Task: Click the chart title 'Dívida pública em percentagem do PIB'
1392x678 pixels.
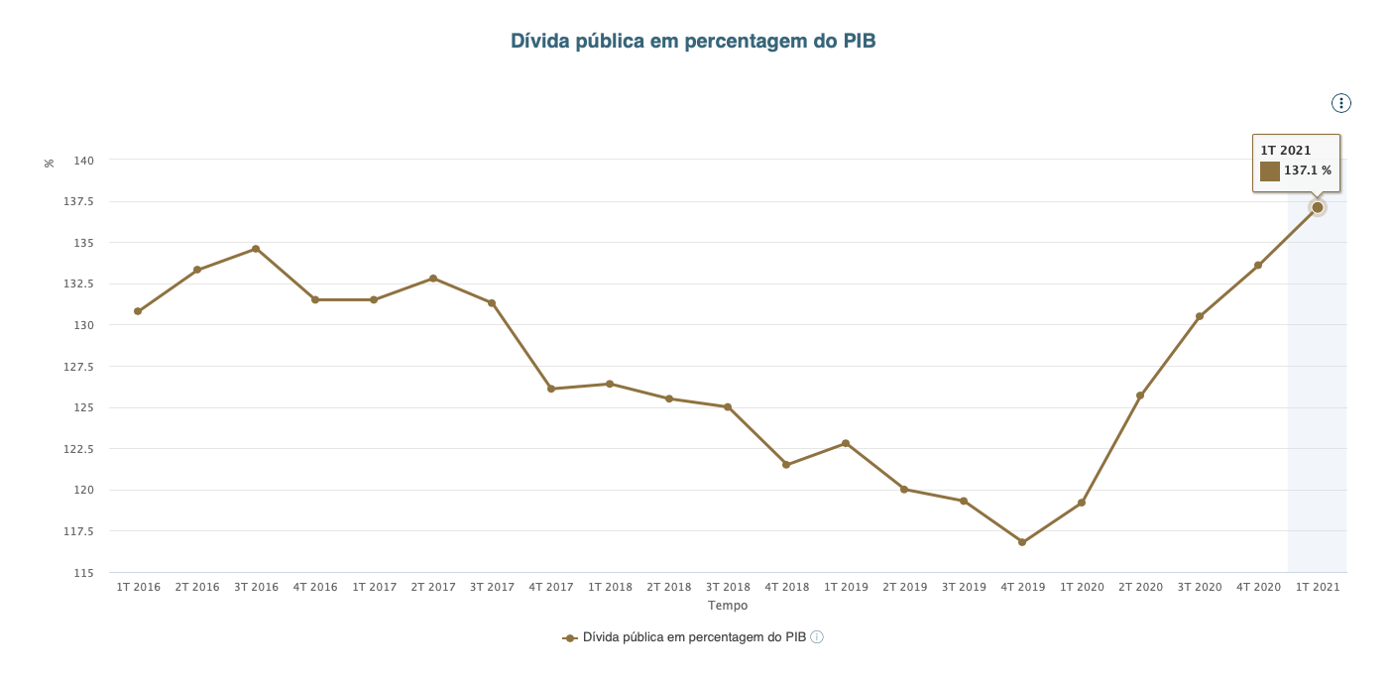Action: click(693, 41)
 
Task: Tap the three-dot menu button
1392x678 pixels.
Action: click(1340, 103)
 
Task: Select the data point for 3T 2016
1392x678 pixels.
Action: click(256, 249)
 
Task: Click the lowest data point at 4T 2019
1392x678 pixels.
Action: click(1022, 542)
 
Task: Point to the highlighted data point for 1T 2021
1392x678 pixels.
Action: click(1318, 207)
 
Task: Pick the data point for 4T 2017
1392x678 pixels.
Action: click(551, 389)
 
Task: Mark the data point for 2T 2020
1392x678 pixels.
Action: click(1140, 395)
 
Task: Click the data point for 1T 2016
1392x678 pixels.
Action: click(138, 311)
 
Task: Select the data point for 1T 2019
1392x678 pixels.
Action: click(846, 443)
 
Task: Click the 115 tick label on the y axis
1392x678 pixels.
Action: click(83, 573)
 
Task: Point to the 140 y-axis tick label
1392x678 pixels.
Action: click(83, 161)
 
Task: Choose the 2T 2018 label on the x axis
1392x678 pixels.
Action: click(669, 587)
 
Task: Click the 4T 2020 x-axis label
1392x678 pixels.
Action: click(1258, 587)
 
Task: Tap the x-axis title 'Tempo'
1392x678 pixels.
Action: click(728, 605)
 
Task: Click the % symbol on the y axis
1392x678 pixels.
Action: click(50, 163)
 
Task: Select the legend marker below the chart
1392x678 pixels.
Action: click(570, 638)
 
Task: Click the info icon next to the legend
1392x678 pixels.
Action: click(817, 637)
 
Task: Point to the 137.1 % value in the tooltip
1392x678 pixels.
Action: click(1308, 171)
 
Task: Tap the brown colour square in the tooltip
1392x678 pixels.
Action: click(1270, 171)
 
